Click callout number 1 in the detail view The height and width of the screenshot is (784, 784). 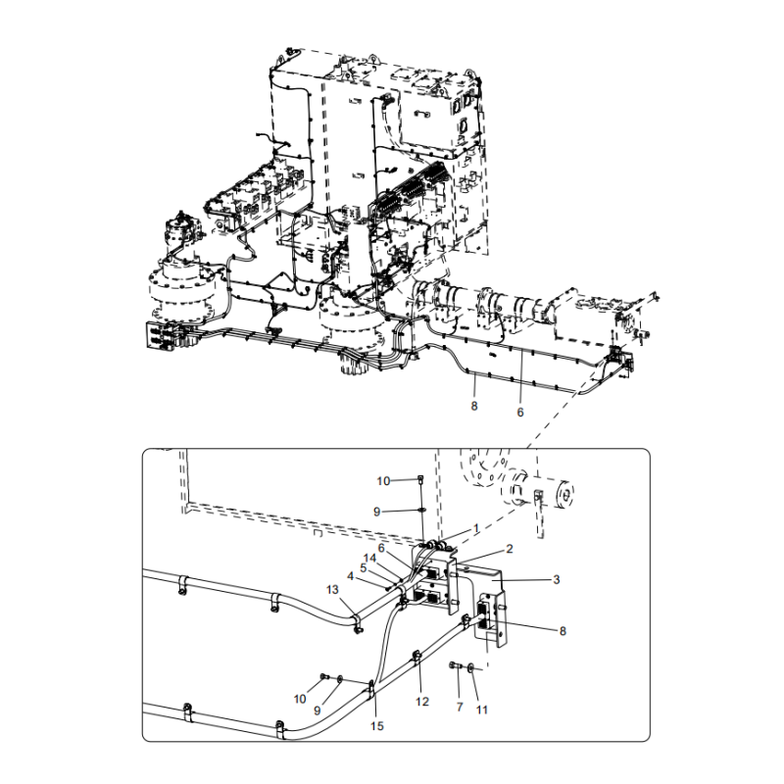click(476, 528)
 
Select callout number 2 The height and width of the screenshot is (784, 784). click(510, 549)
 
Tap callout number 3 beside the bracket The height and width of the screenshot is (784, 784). click(557, 579)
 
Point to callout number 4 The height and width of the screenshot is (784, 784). click(350, 576)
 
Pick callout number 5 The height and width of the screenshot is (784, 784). click(363, 568)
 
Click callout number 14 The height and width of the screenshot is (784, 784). click(370, 558)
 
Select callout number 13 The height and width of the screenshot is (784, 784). click(332, 590)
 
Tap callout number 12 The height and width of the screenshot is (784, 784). click(422, 702)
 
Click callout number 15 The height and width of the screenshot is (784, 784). click(377, 725)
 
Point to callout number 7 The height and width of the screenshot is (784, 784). click(460, 707)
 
